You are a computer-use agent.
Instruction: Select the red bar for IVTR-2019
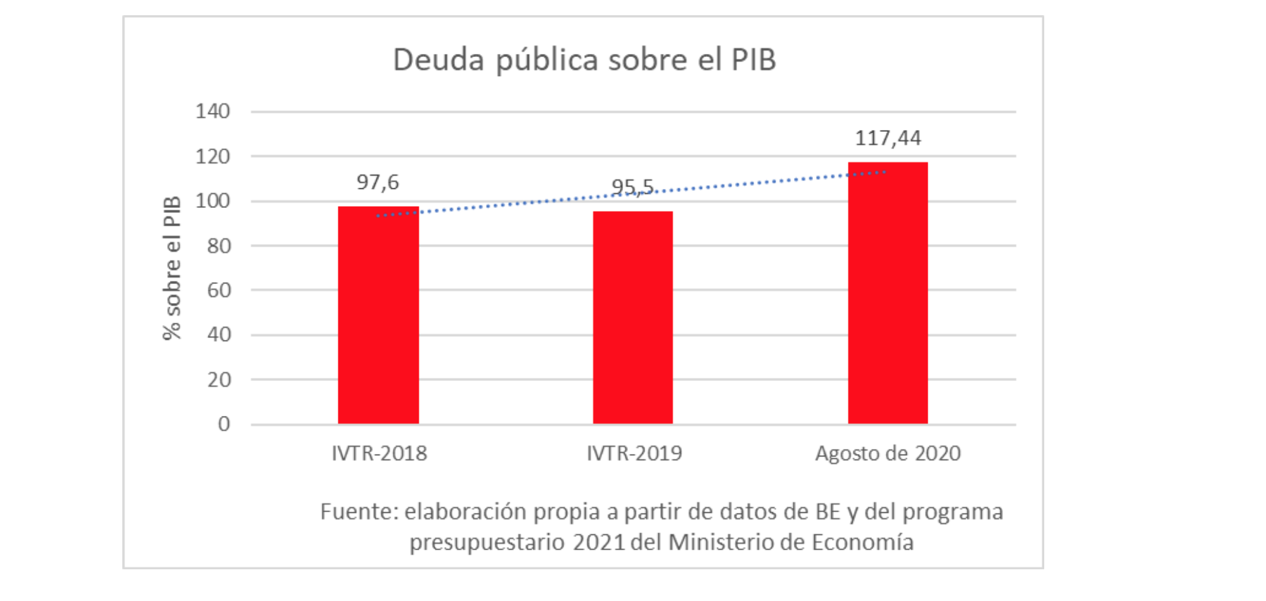click(632, 318)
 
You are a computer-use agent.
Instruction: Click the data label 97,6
click(378, 183)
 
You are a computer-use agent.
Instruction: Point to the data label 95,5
click(632, 187)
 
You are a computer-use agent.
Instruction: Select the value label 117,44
click(888, 138)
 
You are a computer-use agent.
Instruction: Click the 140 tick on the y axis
click(213, 112)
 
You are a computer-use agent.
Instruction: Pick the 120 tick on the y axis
click(213, 157)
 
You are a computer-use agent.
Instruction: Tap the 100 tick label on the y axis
click(213, 201)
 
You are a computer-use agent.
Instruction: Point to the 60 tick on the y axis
click(219, 290)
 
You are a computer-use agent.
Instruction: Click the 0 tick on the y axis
click(224, 424)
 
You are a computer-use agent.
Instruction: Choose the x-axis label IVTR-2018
click(379, 453)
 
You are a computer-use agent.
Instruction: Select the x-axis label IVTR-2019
click(634, 453)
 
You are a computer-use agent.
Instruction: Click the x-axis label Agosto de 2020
click(888, 453)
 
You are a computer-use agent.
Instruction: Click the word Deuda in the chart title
click(438, 60)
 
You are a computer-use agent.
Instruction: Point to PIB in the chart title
click(753, 60)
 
